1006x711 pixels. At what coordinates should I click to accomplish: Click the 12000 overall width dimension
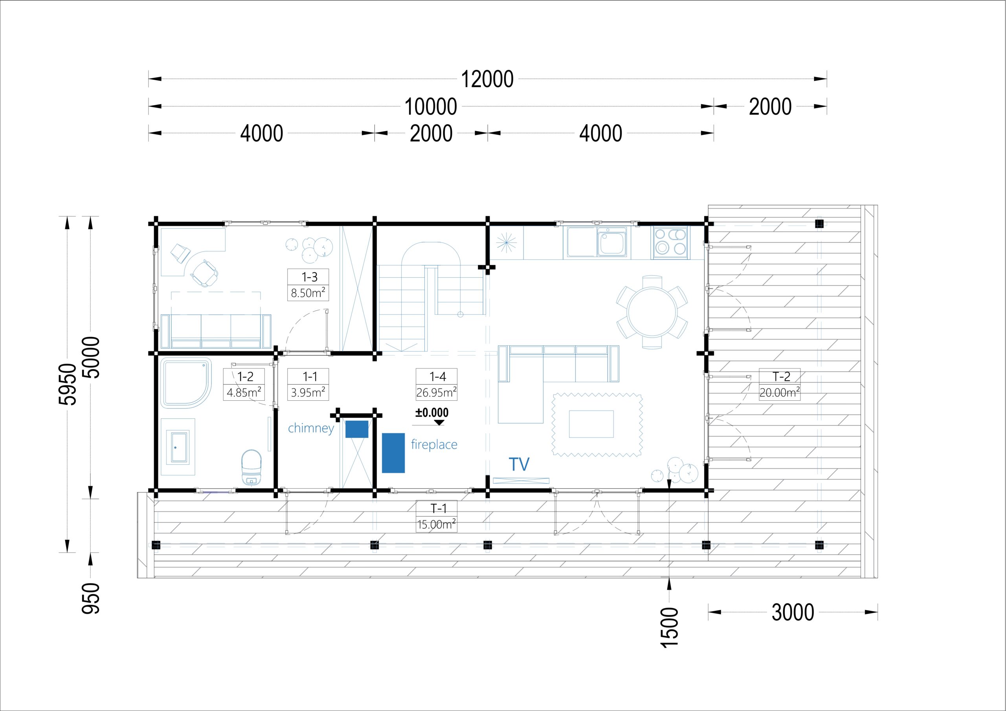[487, 79]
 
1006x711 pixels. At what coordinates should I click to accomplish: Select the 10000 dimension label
[431, 107]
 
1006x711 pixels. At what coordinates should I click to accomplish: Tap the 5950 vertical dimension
[68, 384]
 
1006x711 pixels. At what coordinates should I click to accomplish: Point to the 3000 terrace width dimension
[793, 612]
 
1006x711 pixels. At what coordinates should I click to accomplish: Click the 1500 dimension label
[669, 627]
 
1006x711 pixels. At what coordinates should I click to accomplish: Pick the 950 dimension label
[91, 598]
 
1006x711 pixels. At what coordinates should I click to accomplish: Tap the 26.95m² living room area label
[437, 392]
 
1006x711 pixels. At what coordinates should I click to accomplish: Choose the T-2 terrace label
[781, 376]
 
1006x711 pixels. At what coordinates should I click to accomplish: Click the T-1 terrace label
[438, 508]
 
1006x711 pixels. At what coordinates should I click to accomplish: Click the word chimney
[311, 428]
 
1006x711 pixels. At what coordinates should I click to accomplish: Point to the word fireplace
[434, 445]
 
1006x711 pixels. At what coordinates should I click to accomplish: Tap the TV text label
[519, 464]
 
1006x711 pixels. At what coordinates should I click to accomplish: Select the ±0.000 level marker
[432, 413]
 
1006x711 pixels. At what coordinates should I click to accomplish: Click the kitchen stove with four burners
[670, 242]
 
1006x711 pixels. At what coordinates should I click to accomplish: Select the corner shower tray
[186, 383]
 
